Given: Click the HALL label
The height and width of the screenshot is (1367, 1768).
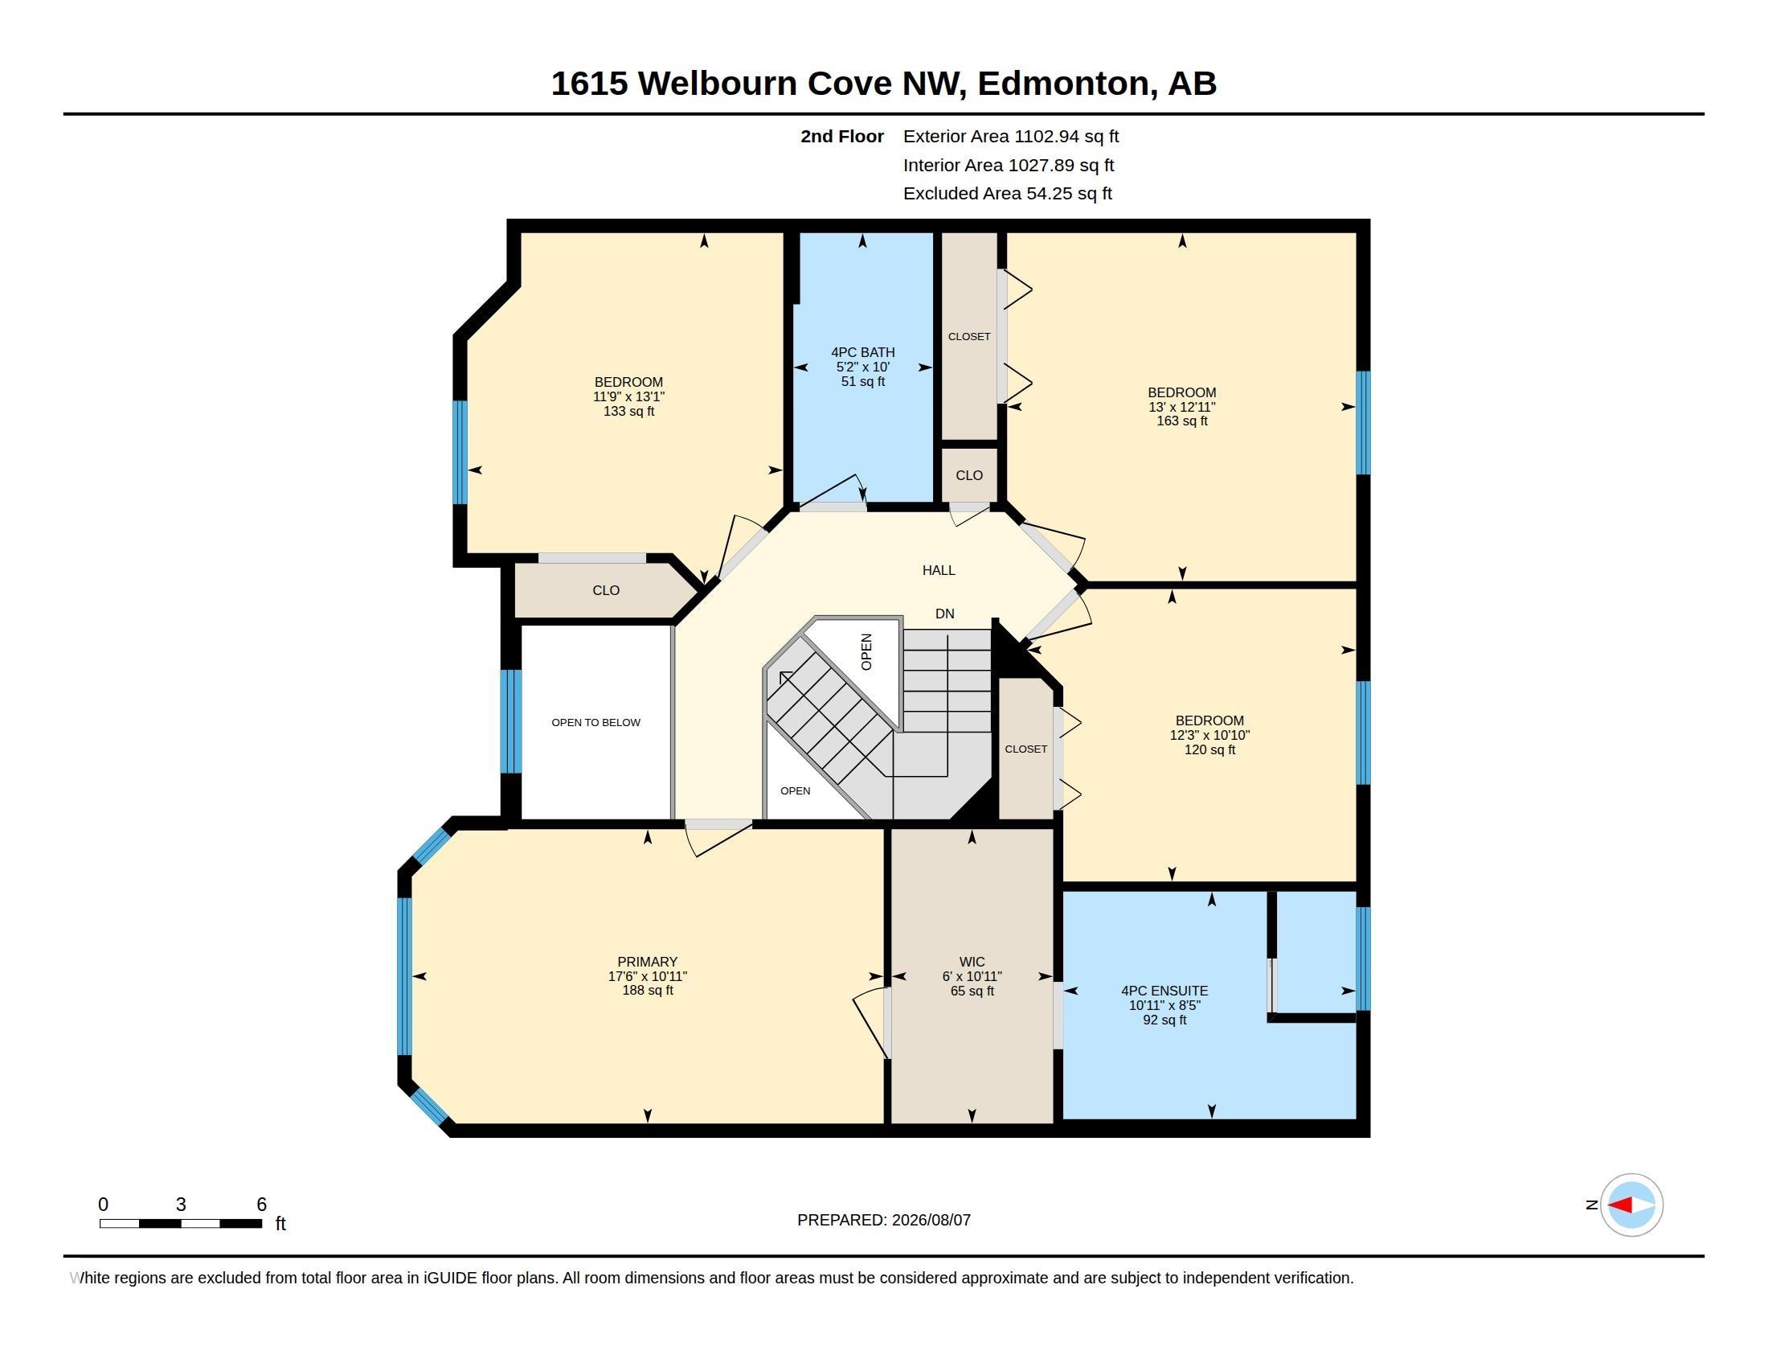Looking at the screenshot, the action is [938, 570].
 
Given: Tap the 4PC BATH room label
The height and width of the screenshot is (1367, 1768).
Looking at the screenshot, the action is [863, 352].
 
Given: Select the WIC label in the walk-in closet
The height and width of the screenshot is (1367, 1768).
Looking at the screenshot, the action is [972, 962].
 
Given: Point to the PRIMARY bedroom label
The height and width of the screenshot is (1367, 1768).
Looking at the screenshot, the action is [647, 962].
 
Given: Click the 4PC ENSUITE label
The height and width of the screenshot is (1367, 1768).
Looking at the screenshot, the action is [1164, 991].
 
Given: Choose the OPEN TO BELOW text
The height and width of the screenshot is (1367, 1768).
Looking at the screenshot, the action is [595, 722].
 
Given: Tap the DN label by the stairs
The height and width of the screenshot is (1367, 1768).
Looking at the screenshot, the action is [945, 614].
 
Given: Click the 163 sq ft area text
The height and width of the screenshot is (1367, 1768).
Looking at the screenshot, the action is [1182, 421].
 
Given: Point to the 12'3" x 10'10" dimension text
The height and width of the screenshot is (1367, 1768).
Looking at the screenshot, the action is [1209, 735].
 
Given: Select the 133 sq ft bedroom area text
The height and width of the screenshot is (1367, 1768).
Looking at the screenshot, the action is [629, 412].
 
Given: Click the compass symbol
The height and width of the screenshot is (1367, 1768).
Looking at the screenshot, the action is [1631, 1205].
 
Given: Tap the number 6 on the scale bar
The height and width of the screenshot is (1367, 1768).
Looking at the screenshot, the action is [261, 1205].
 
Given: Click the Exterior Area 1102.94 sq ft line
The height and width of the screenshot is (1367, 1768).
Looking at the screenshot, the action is [1011, 136].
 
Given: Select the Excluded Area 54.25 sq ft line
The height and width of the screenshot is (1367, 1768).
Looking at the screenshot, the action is [1008, 194].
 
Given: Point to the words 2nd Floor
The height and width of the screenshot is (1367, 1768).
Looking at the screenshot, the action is [842, 136].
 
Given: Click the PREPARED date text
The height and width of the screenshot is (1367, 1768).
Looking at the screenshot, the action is [884, 1220].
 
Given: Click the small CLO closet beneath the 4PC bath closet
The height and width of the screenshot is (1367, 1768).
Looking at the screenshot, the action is [969, 475].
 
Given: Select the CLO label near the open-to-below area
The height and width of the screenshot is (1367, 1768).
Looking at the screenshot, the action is [605, 590].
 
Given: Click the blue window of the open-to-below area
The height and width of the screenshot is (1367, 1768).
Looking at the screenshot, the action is [511, 720].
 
